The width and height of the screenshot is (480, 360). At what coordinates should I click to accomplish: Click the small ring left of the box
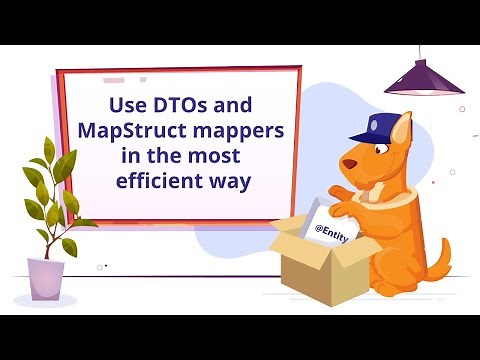tap(100, 266)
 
